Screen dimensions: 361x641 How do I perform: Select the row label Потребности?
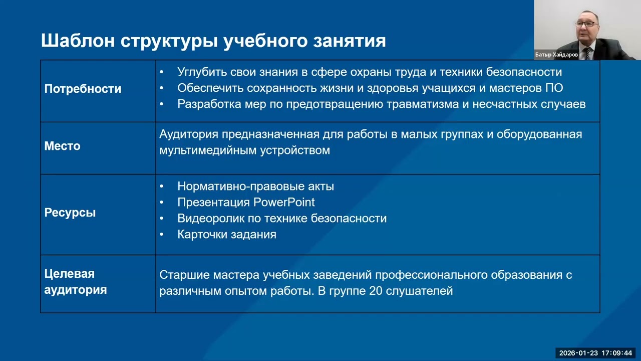pyautogui.click(x=83, y=89)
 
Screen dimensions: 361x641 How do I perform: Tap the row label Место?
pyautogui.click(x=62, y=146)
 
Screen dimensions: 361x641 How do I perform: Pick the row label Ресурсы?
pyautogui.click(x=70, y=213)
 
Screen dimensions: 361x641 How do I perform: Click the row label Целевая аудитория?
pyautogui.click(x=75, y=282)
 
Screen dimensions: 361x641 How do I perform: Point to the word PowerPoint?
pyautogui.click(x=284, y=203)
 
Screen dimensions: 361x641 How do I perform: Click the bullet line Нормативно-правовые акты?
pyautogui.click(x=255, y=187)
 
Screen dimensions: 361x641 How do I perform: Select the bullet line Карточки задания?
pyautogui.click(x=226, y=235)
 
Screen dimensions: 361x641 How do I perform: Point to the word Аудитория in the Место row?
pyautogui.click(x=189, y=134)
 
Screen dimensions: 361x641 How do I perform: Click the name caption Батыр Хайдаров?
pyautogui.click(x=556, y=55)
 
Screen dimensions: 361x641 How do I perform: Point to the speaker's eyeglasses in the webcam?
pyautogui.click(x=585, y=24)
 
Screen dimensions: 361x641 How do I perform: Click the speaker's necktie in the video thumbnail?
pyautogui.click(x=587, y=52)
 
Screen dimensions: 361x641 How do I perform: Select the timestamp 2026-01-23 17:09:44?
pyautogui.click(x=595, y=353)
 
